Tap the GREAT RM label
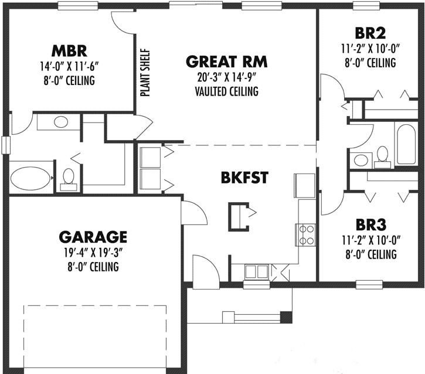click(226, 62)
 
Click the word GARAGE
click(93, 237)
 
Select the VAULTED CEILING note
click(226, 91)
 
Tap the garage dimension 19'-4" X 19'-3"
click(93, 253)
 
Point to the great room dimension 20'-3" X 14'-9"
click(226, 77)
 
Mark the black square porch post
click(285, 318)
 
